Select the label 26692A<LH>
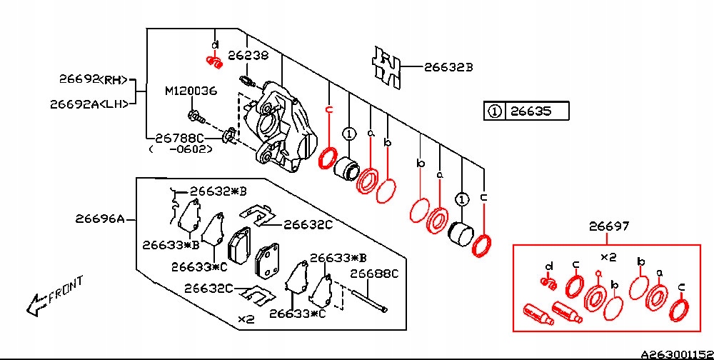(x=90, y=103)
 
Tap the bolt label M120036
(x=191, y=91)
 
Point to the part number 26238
(x=248, y=54)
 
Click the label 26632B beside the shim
(x=448, y=68)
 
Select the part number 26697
(x=609, y=226)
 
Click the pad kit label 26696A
(x=101, y=219)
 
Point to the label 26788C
(x=180, y=136)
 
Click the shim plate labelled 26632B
(x=386, y=67)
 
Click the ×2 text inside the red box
(x=608, y=256)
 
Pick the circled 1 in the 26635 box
(x=494, y=111)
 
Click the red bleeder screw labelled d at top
(x=213, y=62)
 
